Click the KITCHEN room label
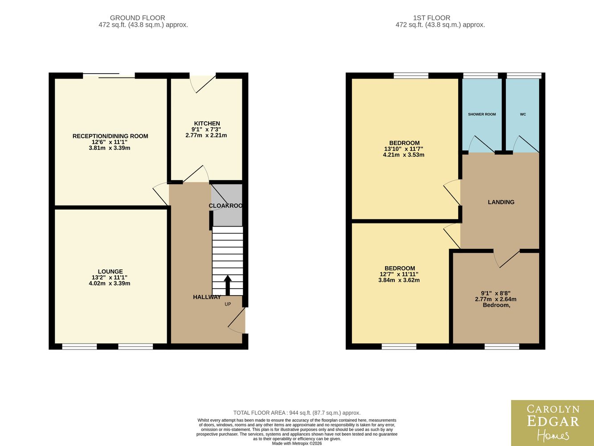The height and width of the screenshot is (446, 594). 207,124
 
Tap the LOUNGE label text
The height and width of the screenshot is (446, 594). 110,271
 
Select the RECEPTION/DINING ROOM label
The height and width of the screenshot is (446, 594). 110,136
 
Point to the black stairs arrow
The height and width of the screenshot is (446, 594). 228,285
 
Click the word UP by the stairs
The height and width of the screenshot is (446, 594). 228,304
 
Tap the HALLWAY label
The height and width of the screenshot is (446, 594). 207,297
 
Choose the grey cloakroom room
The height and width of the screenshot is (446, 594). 227,205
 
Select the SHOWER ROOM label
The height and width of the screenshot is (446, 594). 482,114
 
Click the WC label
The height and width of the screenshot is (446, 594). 523,114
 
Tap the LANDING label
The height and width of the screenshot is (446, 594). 501,202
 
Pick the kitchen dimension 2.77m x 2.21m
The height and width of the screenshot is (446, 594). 206,136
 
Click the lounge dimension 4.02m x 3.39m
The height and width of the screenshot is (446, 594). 110,283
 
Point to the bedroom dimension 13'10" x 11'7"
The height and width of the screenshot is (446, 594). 403,149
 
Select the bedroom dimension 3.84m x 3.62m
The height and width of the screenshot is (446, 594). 399,280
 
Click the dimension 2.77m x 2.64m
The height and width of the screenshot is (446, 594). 496,299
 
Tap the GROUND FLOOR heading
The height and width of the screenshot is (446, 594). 138,18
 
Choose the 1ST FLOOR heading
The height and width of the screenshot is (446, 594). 432,18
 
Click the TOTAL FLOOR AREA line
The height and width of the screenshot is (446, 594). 297,413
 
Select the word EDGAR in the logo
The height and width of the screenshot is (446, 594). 553,421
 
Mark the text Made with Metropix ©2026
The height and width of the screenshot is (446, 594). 297,444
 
